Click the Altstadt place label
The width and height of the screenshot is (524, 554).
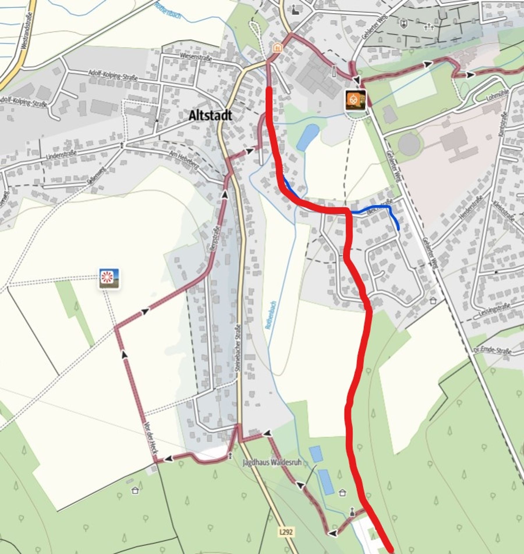pos(210,116)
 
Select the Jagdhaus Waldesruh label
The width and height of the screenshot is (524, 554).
pos(271,463)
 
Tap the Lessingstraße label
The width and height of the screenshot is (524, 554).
pos(494,311)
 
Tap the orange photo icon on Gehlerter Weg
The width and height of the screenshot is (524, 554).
pos(355,100)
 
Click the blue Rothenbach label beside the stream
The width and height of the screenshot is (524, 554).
pos(270,315)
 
